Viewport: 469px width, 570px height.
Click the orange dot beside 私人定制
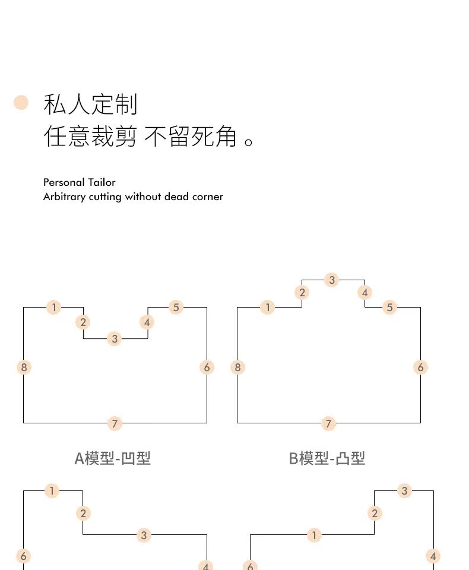point(21,103)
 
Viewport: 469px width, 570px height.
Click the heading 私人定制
point(90,104)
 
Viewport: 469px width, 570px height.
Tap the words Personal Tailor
point(80,182)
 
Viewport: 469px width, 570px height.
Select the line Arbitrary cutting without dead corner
point(133,197)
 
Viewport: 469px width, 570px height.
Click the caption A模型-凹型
point(112,458)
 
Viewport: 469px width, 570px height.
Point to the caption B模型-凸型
point(327,458)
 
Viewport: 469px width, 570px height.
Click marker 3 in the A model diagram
point(115,339)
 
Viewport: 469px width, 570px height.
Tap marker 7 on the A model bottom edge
point(115,423)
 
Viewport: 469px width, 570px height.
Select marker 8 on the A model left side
point(24,368)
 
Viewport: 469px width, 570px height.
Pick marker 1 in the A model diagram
point(54,307)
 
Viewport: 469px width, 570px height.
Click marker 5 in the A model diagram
point(176,307)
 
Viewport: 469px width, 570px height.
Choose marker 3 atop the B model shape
point(332,280)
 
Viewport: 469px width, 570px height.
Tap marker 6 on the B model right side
point(420,368)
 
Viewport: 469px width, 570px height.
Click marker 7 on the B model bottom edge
point(328,423)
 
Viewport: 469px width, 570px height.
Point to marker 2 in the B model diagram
point(302,292)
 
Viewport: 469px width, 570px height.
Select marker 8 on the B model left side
point(237,368)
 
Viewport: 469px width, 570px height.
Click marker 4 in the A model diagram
point(147,322)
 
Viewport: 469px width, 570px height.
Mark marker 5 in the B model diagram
point(389,307)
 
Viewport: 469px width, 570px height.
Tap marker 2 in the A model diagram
point(83,322)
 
